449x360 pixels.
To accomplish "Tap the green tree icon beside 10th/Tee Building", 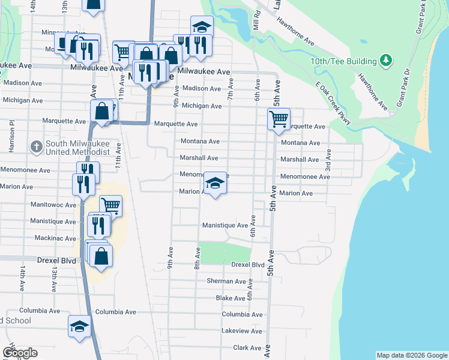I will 386,61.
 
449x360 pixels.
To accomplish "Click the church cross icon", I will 36,146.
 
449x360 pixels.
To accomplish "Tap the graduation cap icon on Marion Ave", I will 215,182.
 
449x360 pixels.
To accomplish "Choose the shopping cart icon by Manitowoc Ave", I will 111,205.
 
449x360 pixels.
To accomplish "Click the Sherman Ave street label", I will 226,281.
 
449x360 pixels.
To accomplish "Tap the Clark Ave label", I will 248,347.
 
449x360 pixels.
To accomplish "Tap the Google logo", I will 19,353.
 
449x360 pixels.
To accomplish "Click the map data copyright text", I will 411,355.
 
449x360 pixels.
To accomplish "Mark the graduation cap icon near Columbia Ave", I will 79,326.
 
